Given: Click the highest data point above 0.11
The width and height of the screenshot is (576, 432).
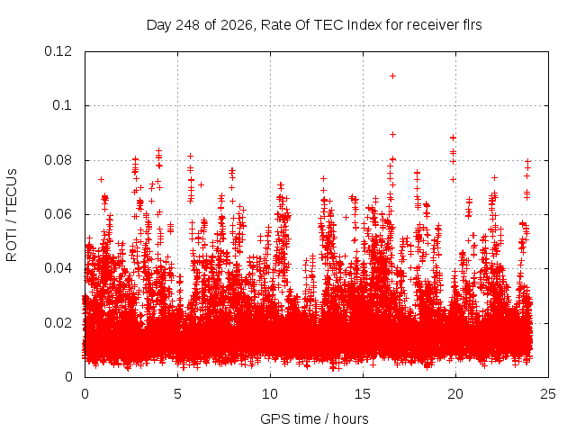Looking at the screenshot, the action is tap(392, 76).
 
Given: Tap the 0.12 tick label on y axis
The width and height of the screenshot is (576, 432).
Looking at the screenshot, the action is tap(58, 51).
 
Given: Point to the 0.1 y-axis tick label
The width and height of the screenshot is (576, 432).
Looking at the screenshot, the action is tap(62, 105).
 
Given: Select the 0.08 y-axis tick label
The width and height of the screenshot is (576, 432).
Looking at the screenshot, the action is tap(58, 160).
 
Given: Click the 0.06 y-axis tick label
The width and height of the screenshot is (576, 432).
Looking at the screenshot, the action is tap(58, 214).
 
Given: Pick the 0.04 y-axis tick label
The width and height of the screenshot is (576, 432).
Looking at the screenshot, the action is tap(58, 268).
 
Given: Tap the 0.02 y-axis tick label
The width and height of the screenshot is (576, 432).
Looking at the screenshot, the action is tap(58, 323).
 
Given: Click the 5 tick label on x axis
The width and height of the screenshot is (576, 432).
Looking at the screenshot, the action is tap(178, 394).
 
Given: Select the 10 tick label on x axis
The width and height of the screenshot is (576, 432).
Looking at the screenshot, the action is tap(270, 394).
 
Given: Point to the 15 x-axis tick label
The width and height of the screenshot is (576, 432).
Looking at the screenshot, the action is tap(363, 394).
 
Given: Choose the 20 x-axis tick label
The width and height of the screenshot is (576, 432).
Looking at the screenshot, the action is tap(455, 394).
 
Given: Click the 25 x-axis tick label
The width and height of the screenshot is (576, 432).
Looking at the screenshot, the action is tap(548, 394).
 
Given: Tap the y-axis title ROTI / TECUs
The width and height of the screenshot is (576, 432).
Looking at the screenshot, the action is tap(12, 215).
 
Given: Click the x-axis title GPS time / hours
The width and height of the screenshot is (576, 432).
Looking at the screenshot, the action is tap(314, 418).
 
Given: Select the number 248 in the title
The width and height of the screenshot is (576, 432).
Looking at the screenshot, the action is tap(188, 25).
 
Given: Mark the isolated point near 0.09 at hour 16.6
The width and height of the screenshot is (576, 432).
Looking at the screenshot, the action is tap(392, 134).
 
